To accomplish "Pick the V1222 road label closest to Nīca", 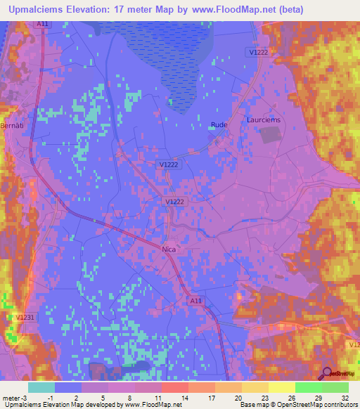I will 175,202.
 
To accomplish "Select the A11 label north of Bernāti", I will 43,24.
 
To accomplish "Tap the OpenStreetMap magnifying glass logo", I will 328,375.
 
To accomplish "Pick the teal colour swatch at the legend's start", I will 41,387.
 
